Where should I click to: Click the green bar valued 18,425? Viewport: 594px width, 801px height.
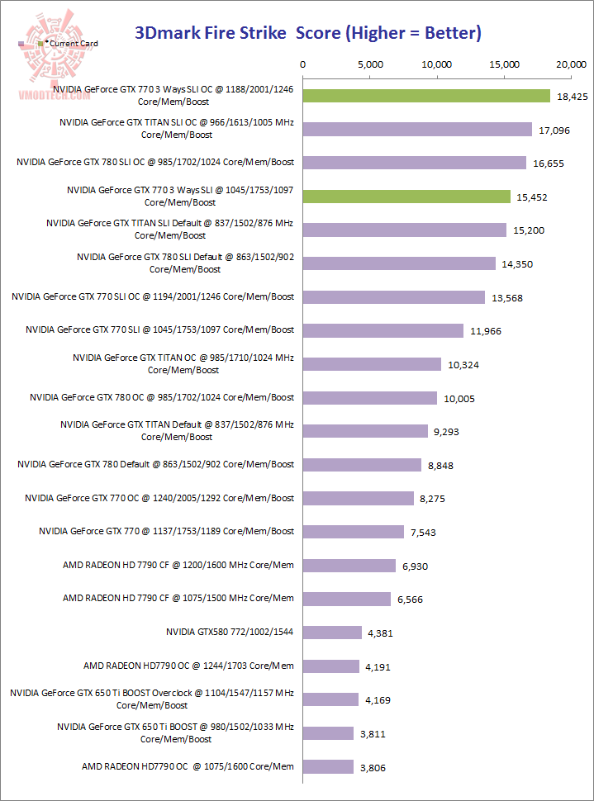click(426, 96)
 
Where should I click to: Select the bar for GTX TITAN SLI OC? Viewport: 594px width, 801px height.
click(417, 129)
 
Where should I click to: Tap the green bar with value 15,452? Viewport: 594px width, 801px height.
click(406, 197)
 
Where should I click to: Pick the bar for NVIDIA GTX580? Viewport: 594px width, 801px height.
click(332, 632)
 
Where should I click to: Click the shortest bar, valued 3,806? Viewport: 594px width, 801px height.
click(329, 766)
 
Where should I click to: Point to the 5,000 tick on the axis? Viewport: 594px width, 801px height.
click(370, 64)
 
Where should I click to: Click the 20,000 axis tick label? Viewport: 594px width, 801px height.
click(571, 64)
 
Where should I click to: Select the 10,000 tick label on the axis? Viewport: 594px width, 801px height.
click(437, 64)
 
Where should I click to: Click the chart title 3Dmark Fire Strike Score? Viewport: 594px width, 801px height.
click(307, 33)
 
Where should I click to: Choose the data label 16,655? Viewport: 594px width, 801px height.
click(549, 164)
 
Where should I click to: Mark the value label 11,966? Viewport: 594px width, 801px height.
click(486, 331)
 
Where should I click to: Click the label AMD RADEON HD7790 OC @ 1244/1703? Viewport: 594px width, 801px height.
click(188, 666)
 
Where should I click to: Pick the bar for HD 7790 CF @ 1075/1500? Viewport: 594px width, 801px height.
click(347, 599)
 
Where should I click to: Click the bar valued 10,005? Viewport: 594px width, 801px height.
click(370, 398)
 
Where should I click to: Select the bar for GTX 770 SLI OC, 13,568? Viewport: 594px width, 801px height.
click(394, 297)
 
